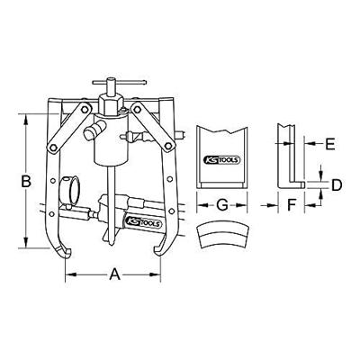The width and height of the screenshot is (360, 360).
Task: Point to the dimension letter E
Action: tap(329, 142)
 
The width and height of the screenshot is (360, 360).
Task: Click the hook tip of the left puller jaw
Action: tap(67, 253)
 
